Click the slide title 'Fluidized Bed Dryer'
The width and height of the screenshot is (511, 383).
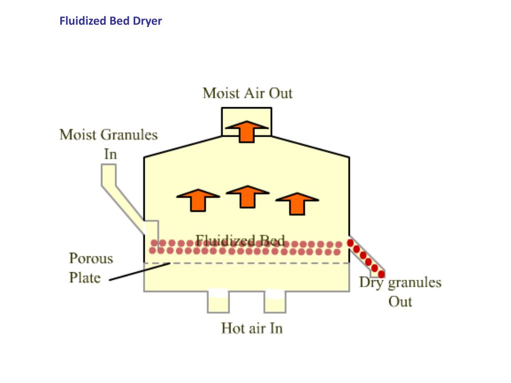tap(111, 21)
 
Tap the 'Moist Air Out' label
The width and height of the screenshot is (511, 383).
tap(248, 93)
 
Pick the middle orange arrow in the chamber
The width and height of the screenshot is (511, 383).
tap(247, 196)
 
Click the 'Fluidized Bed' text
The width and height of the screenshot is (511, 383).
tap(240, 240)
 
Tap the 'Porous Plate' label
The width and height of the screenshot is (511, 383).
tap(91, 268)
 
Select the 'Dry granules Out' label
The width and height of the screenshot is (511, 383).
tap(400, 292)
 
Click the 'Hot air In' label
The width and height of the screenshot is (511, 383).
tap(252, 329)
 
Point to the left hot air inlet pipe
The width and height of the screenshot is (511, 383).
tap(218, 302)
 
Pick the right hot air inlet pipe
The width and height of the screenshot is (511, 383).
tap(275, 302)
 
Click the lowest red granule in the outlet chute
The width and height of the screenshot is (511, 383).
tap(381, 274)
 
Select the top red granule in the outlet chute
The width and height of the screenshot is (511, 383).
tap(351, 243)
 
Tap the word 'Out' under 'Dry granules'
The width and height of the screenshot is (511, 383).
tap(400, 302)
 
